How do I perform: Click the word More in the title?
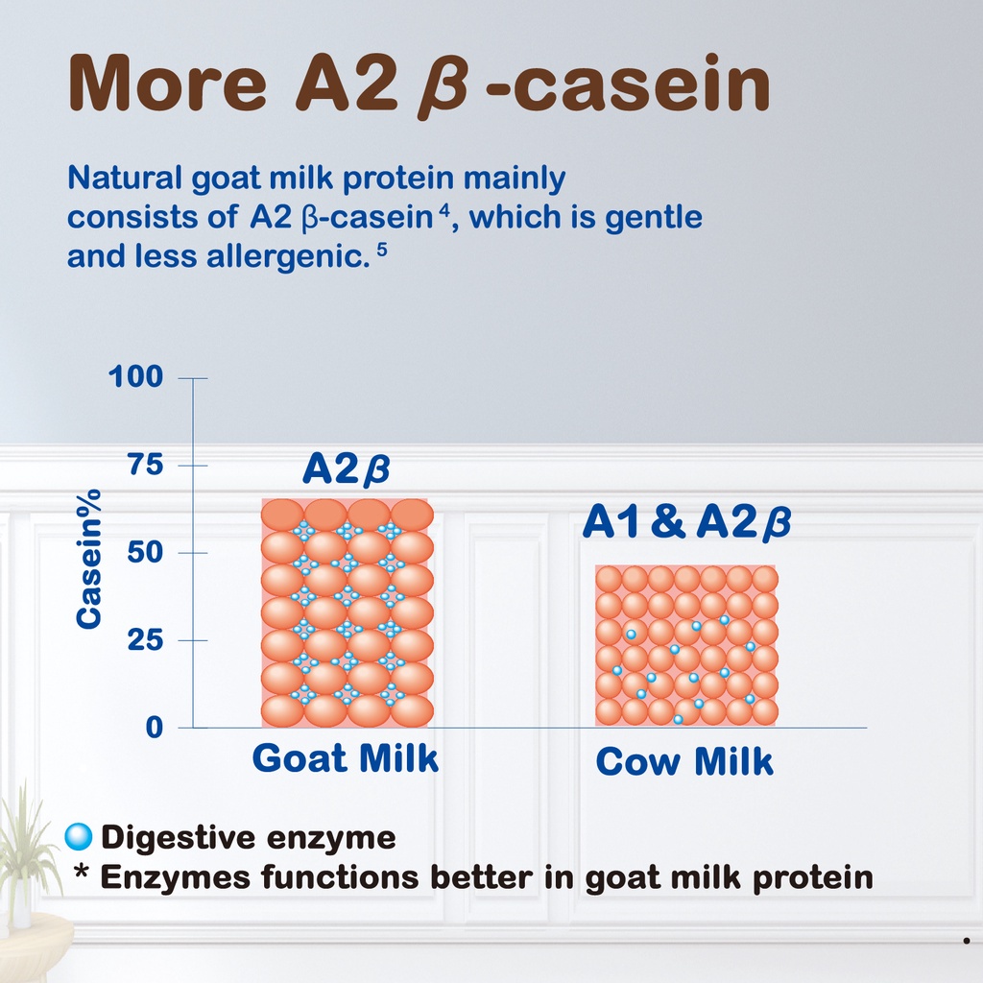[x=167, y=84]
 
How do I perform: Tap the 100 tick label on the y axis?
[x=135, y=376]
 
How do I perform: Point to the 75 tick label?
[x=145, y=465]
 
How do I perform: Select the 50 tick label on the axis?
[x=145, y=552]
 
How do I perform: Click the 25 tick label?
[x=145, y=640]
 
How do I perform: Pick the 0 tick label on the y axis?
[x=155, y=728]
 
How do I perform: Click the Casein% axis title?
[x=87, y=559]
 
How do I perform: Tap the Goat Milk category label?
[x=345, y=758]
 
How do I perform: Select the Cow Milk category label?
[x=683, y=761]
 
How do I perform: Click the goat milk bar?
[x=347, y=613]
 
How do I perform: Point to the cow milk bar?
[x=685, y=646]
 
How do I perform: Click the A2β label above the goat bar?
[x=346, y=468]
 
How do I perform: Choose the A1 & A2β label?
[x=686, y=522]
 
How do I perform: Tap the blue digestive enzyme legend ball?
[x=79, y=836]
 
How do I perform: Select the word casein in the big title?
[x=644, y=84]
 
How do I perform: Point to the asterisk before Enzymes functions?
[x=81, y=872]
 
